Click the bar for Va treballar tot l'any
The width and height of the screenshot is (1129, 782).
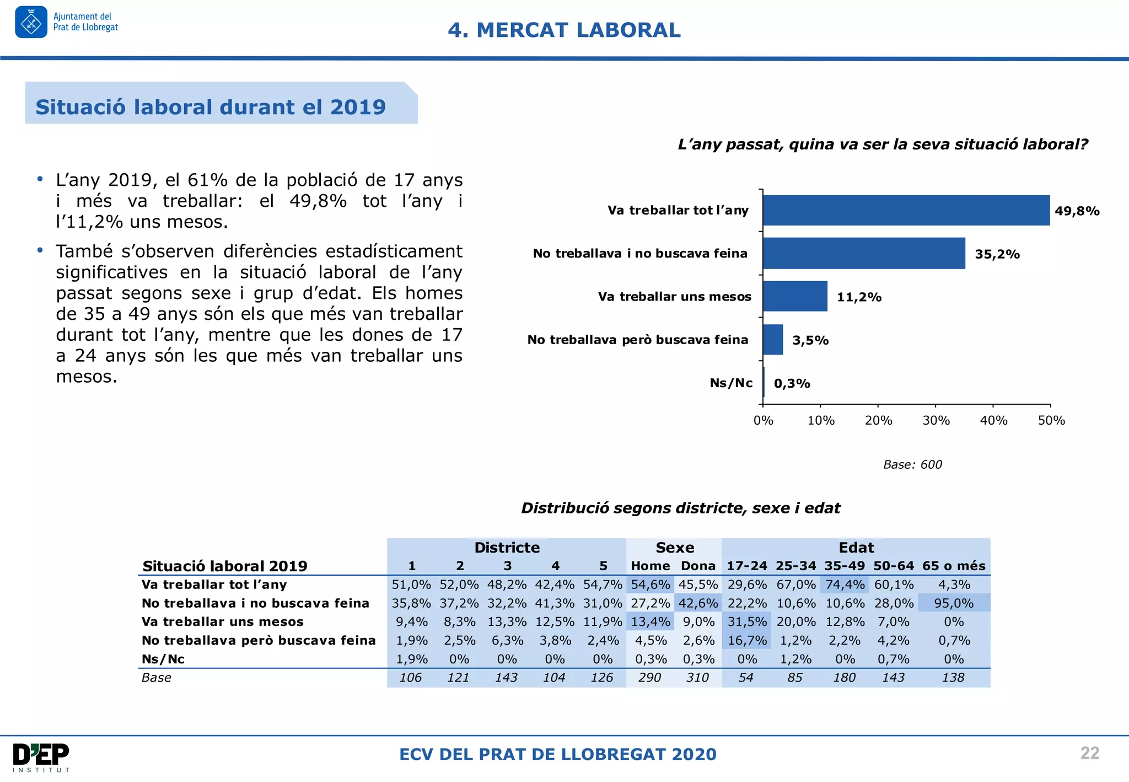(x=906, y=210)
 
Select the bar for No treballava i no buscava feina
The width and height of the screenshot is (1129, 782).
(x=864, y=253)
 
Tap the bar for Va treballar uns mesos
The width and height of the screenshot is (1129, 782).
(x=795, y=296)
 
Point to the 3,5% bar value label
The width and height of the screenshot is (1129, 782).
(x=810, y=340)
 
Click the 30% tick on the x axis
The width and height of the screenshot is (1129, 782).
(x=936, y=420)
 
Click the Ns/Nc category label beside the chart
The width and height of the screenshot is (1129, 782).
(x=731, y=383)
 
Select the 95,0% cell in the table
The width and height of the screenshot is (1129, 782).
(x=953, y=603)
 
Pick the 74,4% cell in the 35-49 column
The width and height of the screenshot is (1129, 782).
(x=845, y=585)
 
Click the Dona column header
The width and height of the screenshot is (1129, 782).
(x=698, y=566)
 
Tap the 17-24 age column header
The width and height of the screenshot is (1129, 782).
(x=746, y=566)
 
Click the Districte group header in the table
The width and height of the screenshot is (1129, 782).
(x=507, y=548)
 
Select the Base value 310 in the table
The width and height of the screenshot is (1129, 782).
(x=697, y=677)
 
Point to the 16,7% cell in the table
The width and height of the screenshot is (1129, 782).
(x=747, y=640)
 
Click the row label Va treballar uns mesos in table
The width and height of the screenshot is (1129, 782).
(x=222, y=622)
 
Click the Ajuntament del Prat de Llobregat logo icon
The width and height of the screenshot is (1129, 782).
(x=31, y=23)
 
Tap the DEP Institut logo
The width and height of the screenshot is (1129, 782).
(x=41, y=757)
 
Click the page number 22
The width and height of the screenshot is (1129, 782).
(x=1089, y=753)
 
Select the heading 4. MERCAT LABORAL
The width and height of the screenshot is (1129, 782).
(x=564, y=30)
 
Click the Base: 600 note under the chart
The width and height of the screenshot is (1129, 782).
(x=912, y=464)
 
